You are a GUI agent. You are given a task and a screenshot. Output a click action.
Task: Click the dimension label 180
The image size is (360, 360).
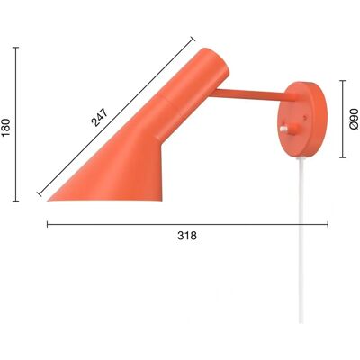[x=6, y=127]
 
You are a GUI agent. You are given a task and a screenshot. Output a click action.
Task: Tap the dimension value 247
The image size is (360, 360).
[x=99, y=117]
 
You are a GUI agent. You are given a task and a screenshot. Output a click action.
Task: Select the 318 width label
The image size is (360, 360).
[x=187, y=236]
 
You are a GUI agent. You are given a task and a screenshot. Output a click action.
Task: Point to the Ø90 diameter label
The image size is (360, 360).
[x=354, y=119]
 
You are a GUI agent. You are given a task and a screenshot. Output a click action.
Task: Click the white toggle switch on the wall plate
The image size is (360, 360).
[x=283, y=130]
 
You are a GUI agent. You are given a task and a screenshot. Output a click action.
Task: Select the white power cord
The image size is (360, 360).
[x=301, y=240]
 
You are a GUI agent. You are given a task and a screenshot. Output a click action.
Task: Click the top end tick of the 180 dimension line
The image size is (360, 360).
[x=16, y=48]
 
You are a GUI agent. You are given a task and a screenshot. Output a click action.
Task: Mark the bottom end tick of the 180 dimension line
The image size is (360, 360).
[x=16, y=201]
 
